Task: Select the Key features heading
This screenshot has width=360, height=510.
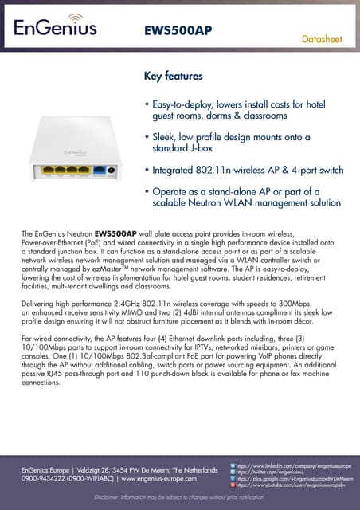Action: tap(173, 76)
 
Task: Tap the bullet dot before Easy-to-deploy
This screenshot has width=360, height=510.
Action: tap(147, 105)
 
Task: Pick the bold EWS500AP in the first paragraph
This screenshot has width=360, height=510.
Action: tap(127, 233)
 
